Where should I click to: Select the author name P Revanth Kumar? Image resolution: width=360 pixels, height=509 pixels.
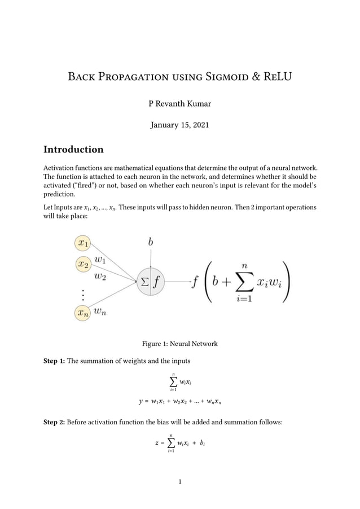(179, 103)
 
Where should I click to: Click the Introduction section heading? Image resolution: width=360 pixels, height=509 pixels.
(73, 150)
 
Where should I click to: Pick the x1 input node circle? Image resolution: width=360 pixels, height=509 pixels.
(82, 244)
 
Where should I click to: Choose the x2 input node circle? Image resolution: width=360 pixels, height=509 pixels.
(82, 264)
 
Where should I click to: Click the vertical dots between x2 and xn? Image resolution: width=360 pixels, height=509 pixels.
(82, 295)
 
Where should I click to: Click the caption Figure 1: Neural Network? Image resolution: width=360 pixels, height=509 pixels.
(179, 344)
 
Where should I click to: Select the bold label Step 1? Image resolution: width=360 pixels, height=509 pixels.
(54, 361)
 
